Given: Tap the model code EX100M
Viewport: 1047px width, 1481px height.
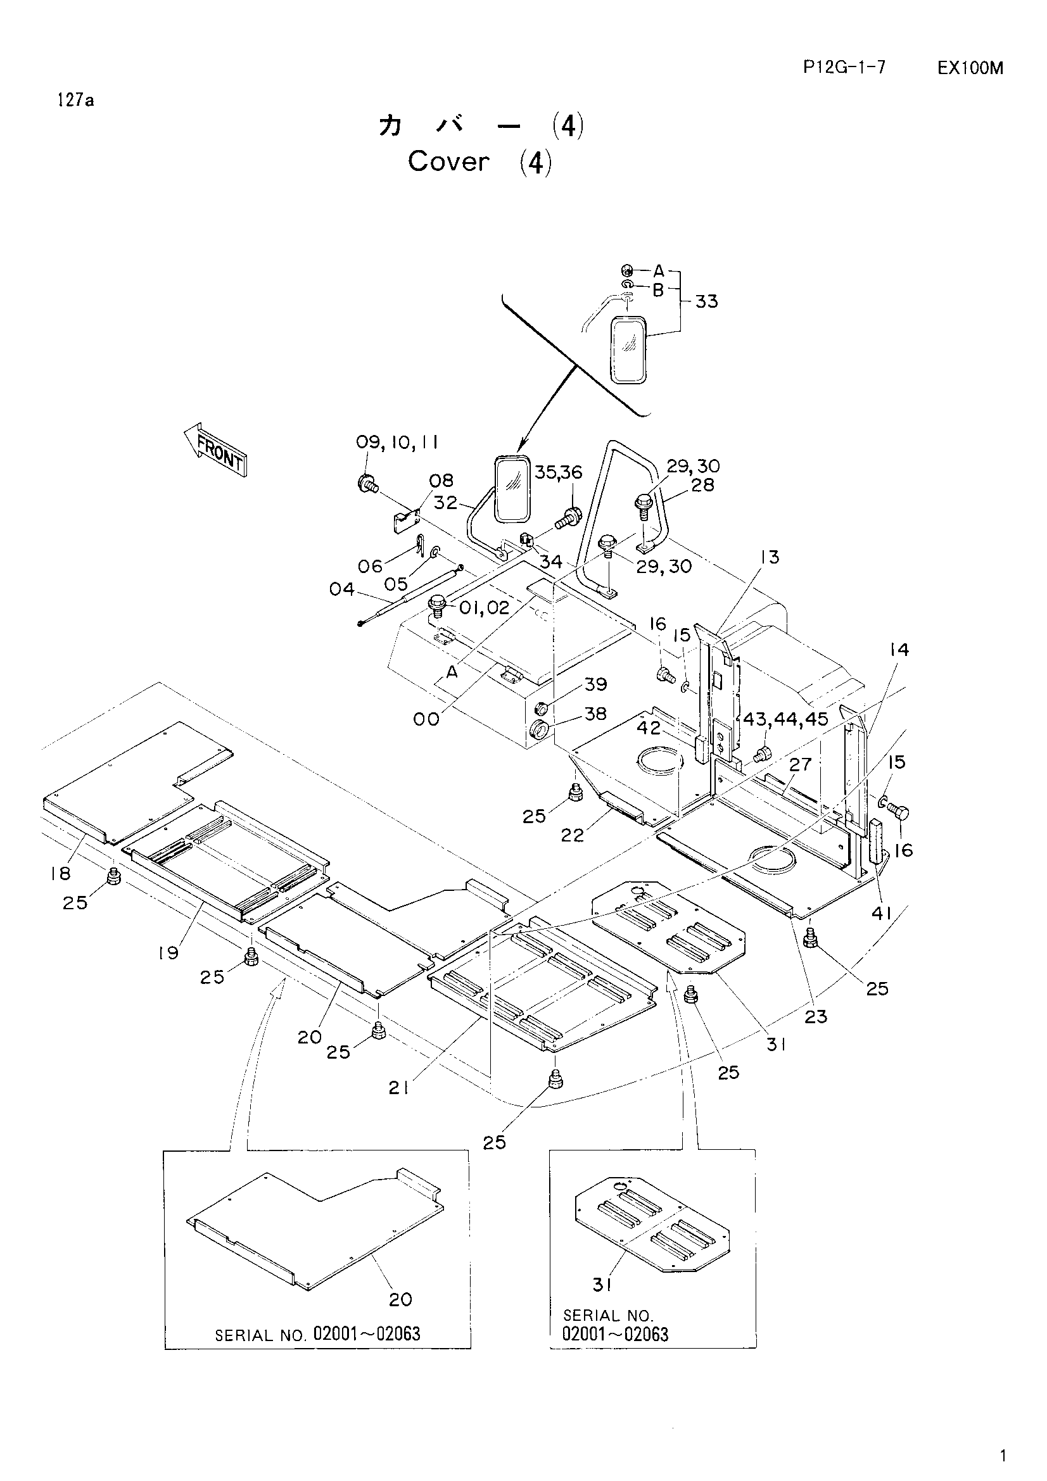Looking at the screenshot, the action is click(970, 68).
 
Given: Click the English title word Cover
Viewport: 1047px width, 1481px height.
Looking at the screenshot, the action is click(448, 161).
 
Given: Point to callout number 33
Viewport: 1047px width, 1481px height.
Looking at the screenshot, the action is click(706, 301).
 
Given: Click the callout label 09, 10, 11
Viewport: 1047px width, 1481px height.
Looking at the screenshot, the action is click(397, 442).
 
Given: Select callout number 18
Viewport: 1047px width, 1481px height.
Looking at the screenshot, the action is click(60, 873).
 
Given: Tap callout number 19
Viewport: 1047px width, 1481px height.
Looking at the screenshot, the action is click(168, 953).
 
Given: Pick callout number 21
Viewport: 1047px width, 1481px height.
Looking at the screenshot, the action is click(398, 1088).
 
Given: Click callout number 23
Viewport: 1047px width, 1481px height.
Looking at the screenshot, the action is click(815, 1017).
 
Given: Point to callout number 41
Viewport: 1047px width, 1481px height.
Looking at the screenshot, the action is click(881, 914).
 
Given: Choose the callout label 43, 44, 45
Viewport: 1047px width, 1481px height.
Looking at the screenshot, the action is click(785, 719).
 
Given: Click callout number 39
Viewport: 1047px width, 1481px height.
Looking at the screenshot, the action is click(596, 684).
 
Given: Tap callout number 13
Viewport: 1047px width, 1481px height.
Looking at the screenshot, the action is click(770, 556).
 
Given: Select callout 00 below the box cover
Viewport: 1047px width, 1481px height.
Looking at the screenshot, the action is click(426, 719).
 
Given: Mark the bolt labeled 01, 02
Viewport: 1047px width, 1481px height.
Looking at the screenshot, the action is click(438, 605).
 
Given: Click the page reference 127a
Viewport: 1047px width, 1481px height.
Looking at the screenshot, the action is click(75, 100).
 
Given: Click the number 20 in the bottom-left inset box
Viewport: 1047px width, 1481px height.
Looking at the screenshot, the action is click(400, 1299).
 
